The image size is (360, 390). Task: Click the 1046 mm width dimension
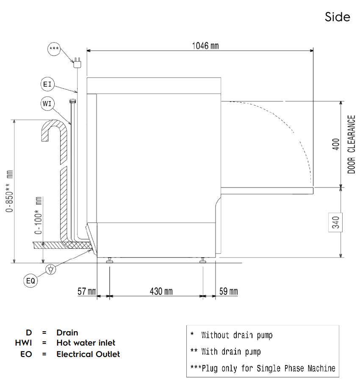point(205,46)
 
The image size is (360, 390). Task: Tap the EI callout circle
point(47,84)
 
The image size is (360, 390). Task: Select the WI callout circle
point(47,104)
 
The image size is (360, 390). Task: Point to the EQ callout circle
point(30,281)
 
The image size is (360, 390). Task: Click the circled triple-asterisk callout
point(54,49)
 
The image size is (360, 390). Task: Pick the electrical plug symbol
point(78,63)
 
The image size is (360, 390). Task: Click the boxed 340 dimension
point(335,222)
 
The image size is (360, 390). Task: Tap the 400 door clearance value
point(336,144)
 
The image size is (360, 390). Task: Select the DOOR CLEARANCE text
point(351,144)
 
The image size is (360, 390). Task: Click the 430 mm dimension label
point(161,291)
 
